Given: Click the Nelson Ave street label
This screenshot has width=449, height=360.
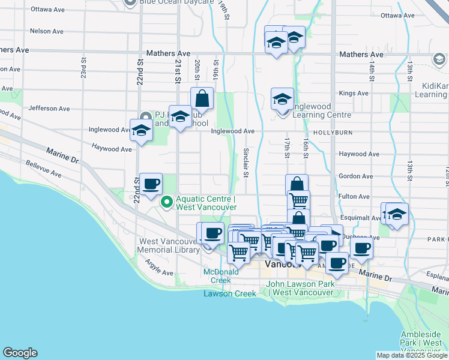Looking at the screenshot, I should pos(46,31).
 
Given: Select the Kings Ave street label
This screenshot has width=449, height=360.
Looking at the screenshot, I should pos(353,94).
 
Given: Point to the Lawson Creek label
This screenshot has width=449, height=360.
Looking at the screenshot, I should pos(229,293).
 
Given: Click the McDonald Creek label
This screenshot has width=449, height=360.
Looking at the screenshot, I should pos(217,275).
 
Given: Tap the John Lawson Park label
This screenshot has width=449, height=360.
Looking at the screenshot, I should pos(300,288).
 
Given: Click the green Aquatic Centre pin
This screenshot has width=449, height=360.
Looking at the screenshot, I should pos(166,202).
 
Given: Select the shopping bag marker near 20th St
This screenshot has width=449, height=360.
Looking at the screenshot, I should pos(202,98).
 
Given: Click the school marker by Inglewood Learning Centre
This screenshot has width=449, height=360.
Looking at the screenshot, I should pos(282,99).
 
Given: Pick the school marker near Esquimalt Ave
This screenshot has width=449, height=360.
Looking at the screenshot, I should pos(396,215).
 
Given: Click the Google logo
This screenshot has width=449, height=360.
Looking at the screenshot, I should pos(20,353).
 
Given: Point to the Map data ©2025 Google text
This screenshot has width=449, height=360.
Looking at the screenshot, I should pos(411,355).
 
